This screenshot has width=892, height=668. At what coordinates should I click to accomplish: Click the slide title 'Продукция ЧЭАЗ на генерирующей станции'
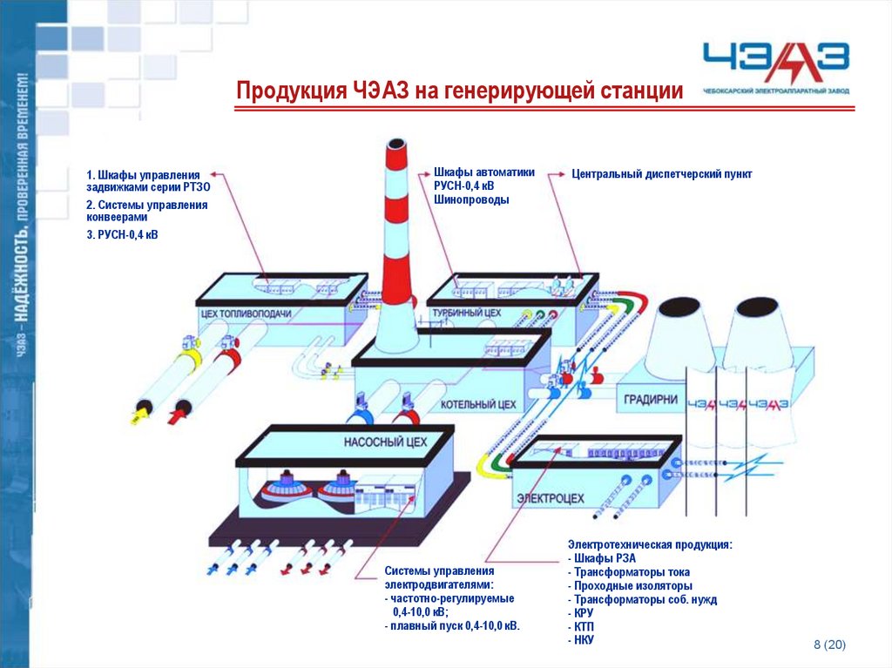(460, 90)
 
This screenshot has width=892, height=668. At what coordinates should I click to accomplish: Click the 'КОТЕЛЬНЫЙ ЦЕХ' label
(478, 405)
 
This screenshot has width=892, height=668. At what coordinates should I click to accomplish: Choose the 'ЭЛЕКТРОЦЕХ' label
(551, 499)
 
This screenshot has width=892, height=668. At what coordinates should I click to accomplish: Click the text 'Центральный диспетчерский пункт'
(661, 174)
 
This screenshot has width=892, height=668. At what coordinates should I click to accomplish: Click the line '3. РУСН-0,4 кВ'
(122, 234)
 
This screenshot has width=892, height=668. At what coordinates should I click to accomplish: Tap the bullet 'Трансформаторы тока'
(630, 572)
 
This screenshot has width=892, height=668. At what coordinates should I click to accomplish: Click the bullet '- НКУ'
(581, 639)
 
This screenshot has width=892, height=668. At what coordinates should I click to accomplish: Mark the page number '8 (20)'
(829, 644)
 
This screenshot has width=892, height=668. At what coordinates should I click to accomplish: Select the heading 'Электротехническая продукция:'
(650, 544)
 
